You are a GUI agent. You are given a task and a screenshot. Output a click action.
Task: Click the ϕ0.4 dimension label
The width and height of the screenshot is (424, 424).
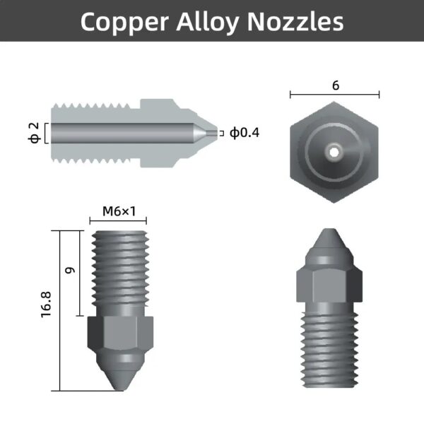click(x=245, y=132)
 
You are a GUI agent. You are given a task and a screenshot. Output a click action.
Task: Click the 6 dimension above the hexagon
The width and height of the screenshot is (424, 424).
click(x=335, y=85)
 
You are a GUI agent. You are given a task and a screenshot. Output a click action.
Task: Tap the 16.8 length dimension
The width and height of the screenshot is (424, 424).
click(x=47, y=311)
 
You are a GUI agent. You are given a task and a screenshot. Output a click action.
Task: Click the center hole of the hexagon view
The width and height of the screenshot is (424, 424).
click(x=334, y=149)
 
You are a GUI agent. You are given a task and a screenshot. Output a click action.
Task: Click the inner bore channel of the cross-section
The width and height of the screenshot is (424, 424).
click(x=120, y=132)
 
